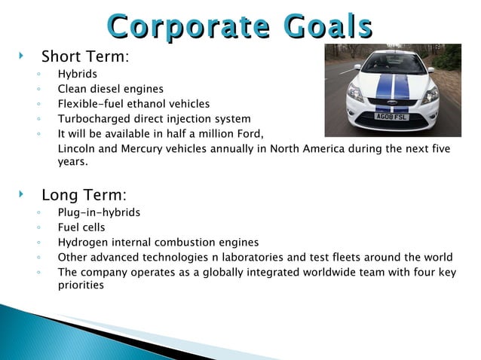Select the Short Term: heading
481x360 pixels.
tap(85, 56)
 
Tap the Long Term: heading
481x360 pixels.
tap(84, 195)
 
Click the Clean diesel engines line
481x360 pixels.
tap(109, 90)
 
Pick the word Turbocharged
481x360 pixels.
tap(93, 118)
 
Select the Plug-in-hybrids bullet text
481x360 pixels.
tap(99, 212)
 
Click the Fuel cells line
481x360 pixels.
tap(81, 227)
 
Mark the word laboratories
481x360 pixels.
tap(252, 257)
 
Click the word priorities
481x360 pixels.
tap(81, 285)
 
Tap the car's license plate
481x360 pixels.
tap(391, 116)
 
